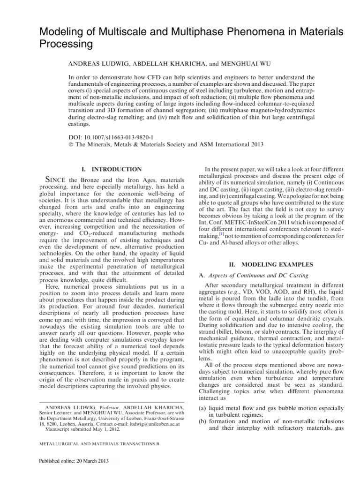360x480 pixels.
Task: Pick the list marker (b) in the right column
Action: coord(200,422)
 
